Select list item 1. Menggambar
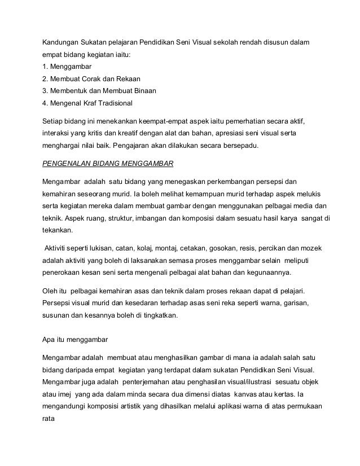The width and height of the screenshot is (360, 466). coord(67,67)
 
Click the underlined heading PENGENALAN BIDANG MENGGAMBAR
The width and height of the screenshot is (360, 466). coord(108,164)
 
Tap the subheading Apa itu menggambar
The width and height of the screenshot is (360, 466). coord(75,340)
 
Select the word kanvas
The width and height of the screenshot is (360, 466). coord(254,394)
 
